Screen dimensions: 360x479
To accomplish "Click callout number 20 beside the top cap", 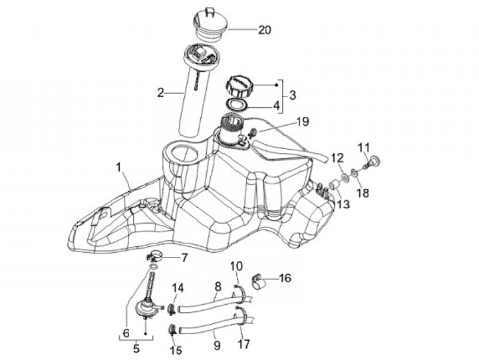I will (x=265, y=30).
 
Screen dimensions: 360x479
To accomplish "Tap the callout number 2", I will (x=160, y=93).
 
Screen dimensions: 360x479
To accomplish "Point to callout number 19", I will (x=303, y=122).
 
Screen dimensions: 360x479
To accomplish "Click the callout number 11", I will (x=364, y=147).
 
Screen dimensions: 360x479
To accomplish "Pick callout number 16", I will (x=285, y=278).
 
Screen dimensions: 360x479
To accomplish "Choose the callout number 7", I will (x=184, y=258).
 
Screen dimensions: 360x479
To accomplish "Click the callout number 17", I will (x=245, y=345).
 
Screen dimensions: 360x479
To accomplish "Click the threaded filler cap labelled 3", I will (x=239, y=87).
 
